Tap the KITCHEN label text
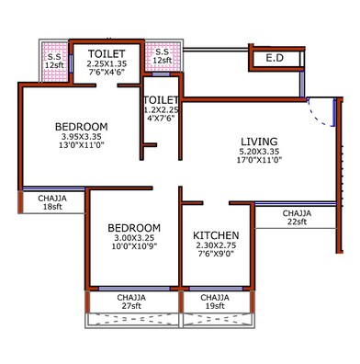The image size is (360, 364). coord(216,236)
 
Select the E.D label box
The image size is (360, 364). coord(275,59)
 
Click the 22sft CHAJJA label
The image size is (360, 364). coord(296,218)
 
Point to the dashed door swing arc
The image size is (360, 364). coord(317,114)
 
